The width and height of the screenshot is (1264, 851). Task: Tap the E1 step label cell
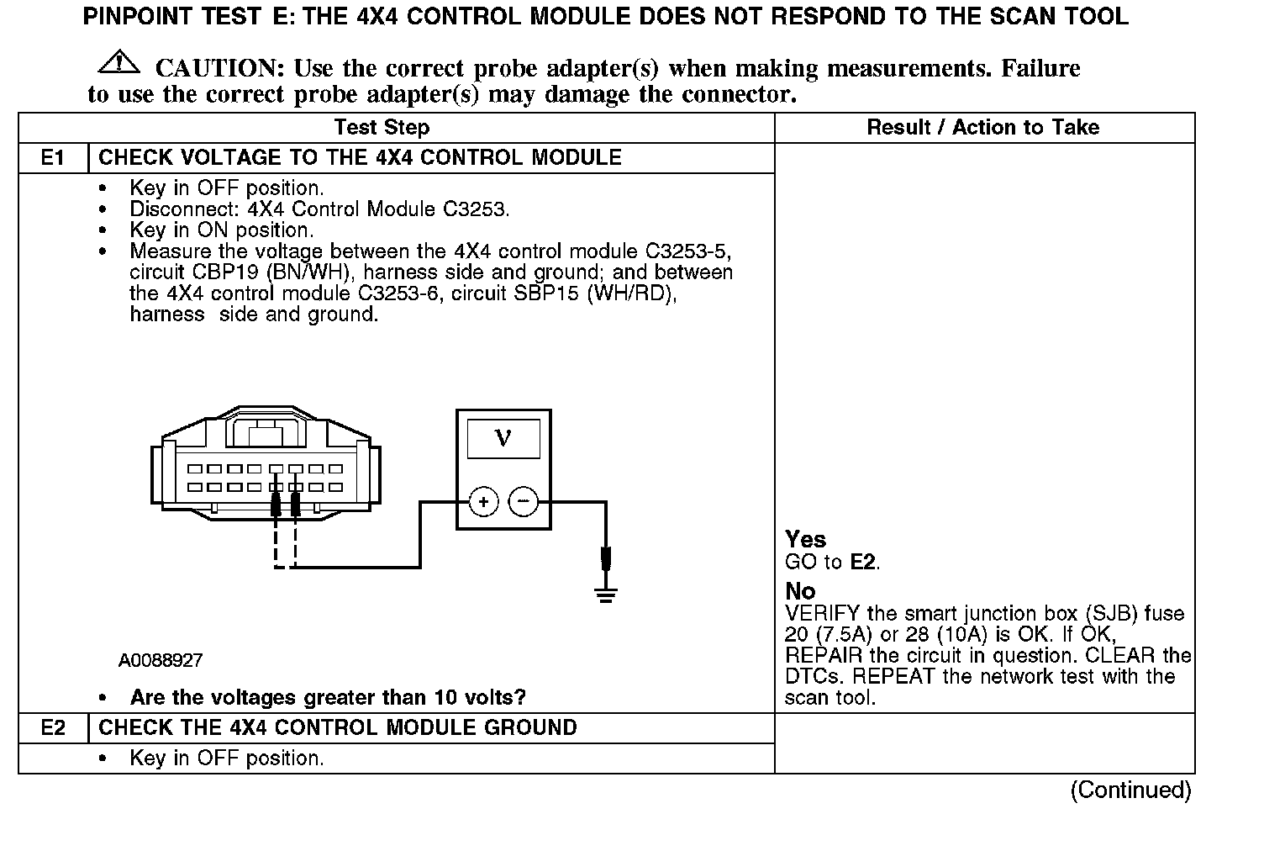pos(53,158)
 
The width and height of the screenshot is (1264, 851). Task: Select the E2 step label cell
pos(53,728)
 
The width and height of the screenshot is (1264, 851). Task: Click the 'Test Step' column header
pos(382,128)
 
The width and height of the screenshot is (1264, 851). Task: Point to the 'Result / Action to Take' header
pos(982,128)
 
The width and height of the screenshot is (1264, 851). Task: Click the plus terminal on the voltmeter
pos(483,503)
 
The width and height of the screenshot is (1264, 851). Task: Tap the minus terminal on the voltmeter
pos(523,503)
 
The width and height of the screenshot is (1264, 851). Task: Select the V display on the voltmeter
pos(503,438)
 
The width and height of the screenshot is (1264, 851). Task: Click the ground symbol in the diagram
pos(605,595)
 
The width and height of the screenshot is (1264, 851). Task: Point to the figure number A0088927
pos(161,661)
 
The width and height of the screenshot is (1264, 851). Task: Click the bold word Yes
pos(805,539)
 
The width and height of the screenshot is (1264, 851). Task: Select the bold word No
pos(800,591)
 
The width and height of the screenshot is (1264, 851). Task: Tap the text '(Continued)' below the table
pos(1130,790)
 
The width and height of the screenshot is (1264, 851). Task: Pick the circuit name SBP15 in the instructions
pos(550,293)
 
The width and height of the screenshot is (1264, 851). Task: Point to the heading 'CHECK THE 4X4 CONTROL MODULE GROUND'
pos(338,728)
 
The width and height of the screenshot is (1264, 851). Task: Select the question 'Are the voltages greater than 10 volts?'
pos(328,698)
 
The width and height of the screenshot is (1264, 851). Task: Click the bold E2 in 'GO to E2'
pos(863,562)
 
